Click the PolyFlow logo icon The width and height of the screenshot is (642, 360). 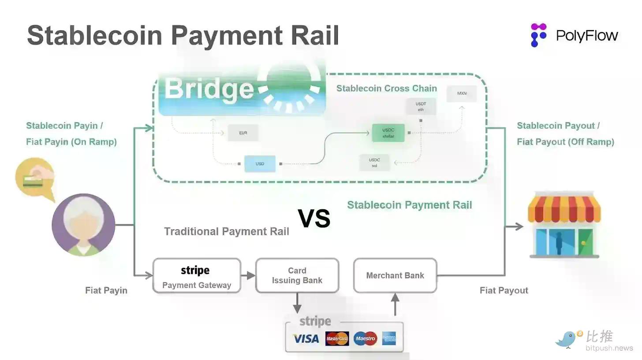click(x=538, y=35)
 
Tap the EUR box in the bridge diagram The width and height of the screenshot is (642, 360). click(x=243, y=133)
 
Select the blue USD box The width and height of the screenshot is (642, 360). click(x=260, y=164)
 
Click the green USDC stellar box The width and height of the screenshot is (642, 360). click(x=388, y=133)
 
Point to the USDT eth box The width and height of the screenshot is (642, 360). click(x=421, y=107)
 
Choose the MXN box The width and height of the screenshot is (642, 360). click(x=462, y=94)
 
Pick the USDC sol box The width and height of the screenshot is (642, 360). click(x=374, y=163)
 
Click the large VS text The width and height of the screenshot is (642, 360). click(x=314, y=218)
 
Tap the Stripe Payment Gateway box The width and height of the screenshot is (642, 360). click(x=197, y=276)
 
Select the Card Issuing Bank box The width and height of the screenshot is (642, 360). click(x=297, y=275)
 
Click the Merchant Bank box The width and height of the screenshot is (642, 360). click(x=395, y=275)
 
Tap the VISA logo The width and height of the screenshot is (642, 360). click(x=306, y=339)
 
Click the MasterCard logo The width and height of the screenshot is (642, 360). click(x=337, y=339)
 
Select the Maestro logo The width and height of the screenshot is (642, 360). click(x=365, y=339)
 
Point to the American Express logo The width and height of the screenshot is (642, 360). click(x=389, y=339)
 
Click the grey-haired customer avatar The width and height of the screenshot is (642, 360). click(x=83, y=225)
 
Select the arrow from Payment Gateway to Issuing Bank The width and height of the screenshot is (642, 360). click(x=249, y=275)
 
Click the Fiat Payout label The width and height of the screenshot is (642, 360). click(x=504, y=290)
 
